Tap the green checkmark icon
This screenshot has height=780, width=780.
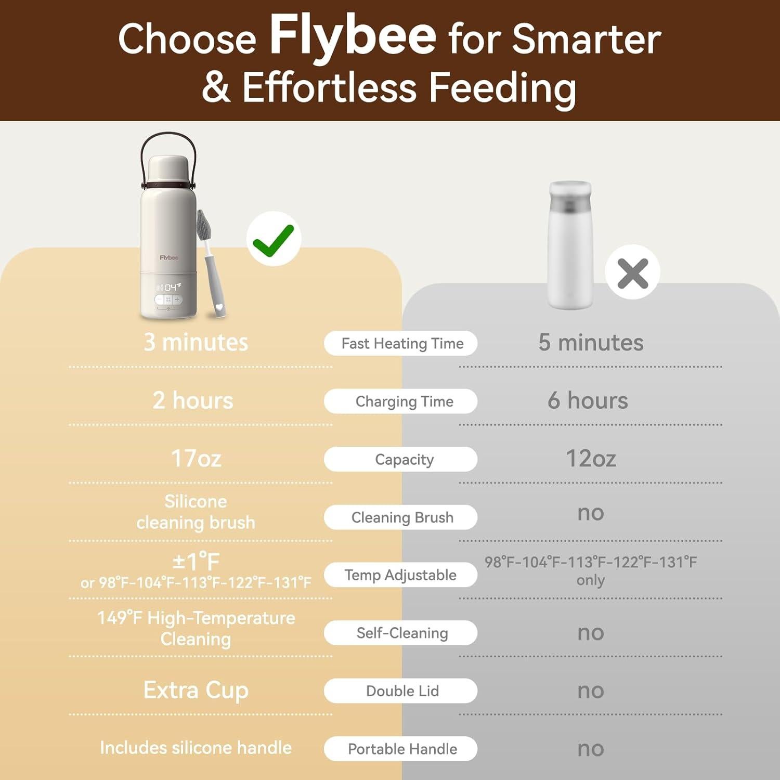click(274, 239)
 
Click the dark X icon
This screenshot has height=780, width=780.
click(632, 272)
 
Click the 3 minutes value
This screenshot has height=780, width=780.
click(196, 342)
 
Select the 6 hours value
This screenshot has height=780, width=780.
click(588, 400)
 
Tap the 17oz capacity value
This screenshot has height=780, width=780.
click(196, 458)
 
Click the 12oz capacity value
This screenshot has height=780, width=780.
click(591, 458)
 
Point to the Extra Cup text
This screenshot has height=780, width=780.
click(196, 691)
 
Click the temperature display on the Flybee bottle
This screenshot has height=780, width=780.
click(170, 287)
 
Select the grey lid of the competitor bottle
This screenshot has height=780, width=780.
click(570, 198)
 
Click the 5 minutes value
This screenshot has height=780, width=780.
click(591, 342)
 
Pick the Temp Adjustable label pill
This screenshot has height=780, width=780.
click(401, 575)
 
